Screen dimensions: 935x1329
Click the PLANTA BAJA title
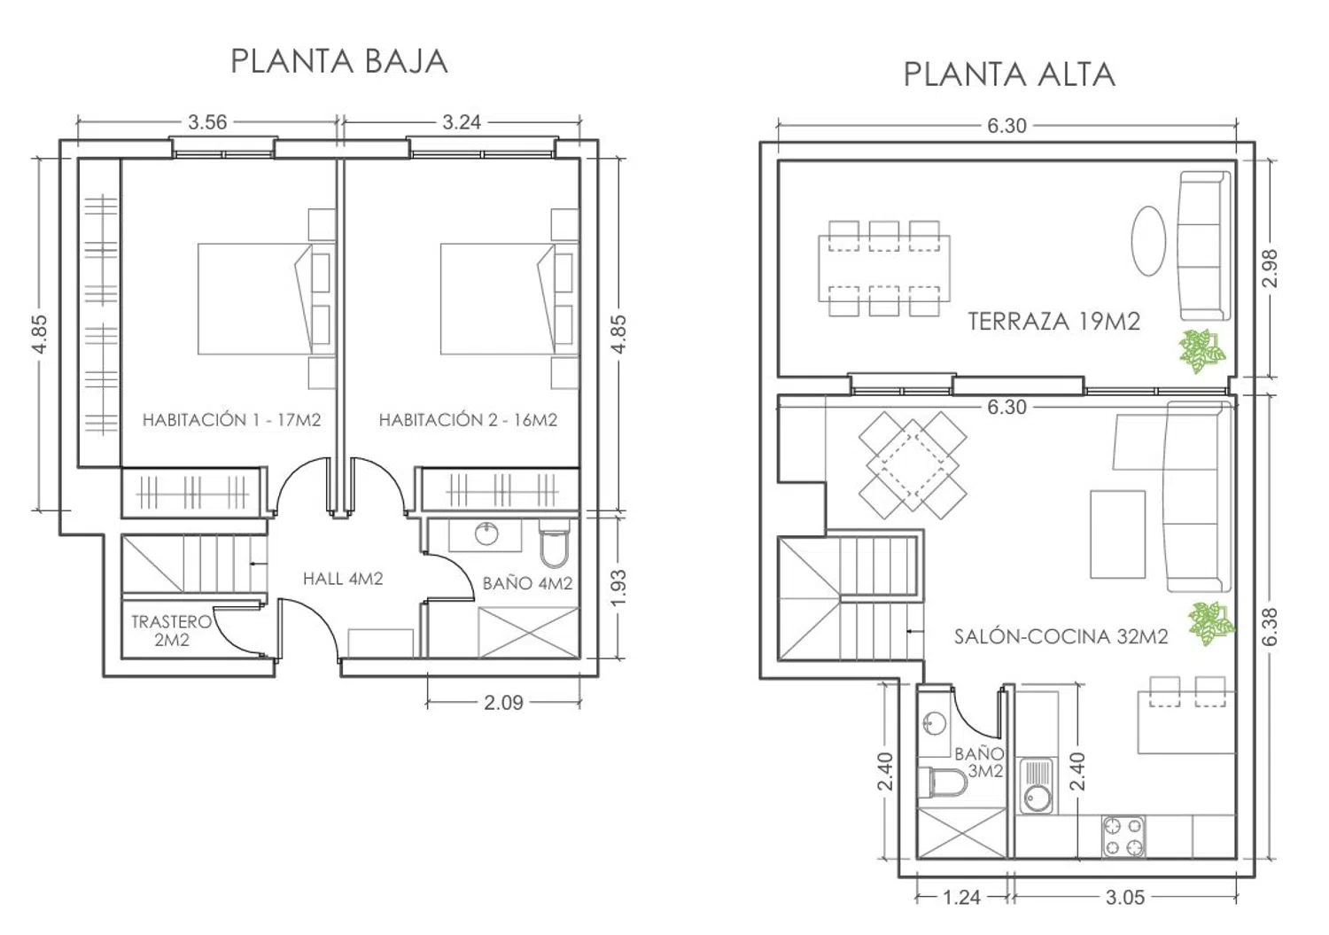(x=338, y=61)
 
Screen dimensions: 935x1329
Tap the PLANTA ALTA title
(x=1008, y=74)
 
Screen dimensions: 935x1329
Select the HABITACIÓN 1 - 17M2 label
(x=231, y=420)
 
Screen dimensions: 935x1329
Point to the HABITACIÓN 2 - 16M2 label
(x=468, y=420)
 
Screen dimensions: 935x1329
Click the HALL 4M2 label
(x=343, y=579)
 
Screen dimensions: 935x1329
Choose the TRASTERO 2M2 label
(x=171, y=630)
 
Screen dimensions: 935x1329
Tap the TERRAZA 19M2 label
(x=1053, y=321)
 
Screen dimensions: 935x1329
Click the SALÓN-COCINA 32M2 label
(x=1061, y=636)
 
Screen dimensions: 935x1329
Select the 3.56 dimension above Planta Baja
(x=207, y=122)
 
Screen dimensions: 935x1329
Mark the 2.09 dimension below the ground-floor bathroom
(x=503, y=703)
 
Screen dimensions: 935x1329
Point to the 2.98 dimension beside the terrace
(x=1269, y=268)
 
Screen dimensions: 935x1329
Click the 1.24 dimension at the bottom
(x=961, y=897)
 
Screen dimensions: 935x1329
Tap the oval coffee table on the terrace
(x=1149, y=241)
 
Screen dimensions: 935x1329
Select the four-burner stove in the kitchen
(x=1123, y=837)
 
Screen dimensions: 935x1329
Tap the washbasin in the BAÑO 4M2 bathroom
(x=486, y=534)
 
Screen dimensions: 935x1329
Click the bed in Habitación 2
(x=496, y=299)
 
